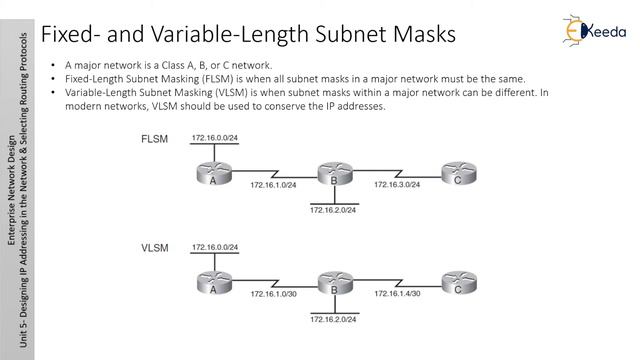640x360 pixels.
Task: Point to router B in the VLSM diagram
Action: pyautogui.click(x=333, y=284)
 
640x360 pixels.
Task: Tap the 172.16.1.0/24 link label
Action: pyautogui.click(x=274, y=186)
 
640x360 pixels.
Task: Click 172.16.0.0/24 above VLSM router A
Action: pyautogui.click(x=216, y=247)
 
